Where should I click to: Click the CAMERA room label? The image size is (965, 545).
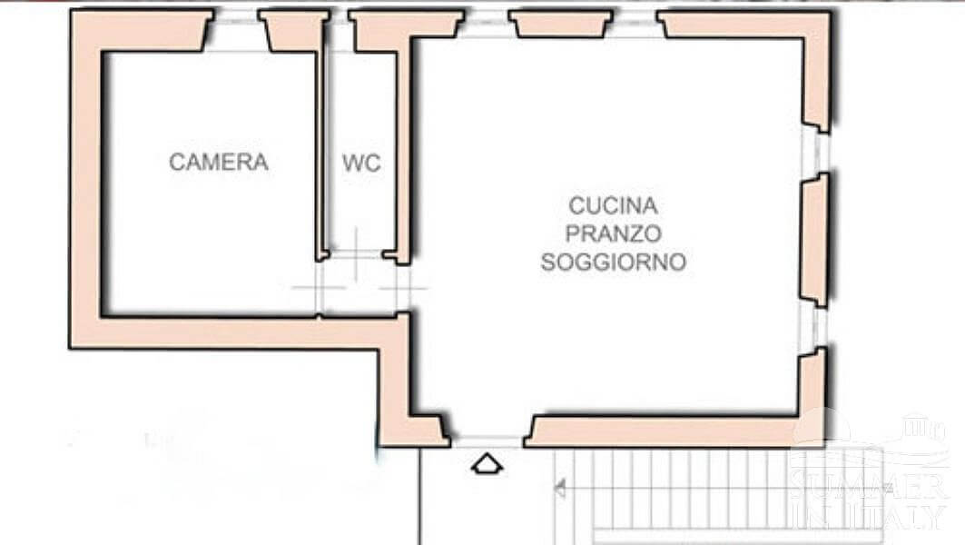click(x=219, y=162)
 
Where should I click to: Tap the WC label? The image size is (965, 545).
click(x=361, y=163)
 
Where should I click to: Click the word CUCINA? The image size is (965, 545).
click(x=613, y=205)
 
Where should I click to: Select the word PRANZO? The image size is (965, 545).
click(x=613, y=233)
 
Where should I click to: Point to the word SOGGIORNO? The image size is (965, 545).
click(x=613, y=262)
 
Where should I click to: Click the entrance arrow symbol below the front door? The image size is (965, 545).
click(x=487, y=464)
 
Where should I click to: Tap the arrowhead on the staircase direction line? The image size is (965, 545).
click(x=559, y=489)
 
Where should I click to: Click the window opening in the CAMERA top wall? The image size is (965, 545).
click(x=236, y=32)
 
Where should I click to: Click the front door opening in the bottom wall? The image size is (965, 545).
click(x=487, y=441)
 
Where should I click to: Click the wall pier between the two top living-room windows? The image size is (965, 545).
click(x=561, y=24)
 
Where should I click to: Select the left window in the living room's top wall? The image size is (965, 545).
click(x=487, y=24)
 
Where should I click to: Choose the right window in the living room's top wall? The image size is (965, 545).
click(x=635, y=24)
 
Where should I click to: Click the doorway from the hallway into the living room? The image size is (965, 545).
click(x=404, y=288)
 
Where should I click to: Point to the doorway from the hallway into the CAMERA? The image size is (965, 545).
click(x=319, y=288)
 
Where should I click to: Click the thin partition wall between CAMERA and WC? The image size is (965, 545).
click(x=320, y=154)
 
